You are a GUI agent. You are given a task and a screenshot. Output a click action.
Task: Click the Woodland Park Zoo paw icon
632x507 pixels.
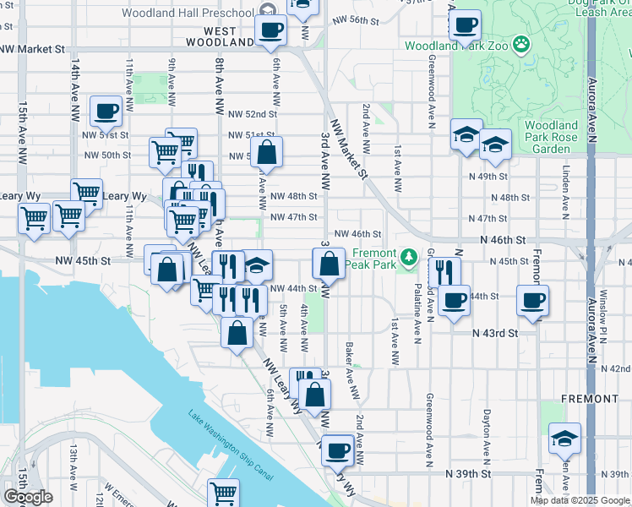(x=522, y=41)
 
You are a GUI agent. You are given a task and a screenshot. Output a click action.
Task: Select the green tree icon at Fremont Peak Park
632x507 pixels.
(x=409, y=254)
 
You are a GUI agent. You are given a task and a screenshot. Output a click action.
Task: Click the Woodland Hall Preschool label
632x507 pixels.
(x=188, y=13)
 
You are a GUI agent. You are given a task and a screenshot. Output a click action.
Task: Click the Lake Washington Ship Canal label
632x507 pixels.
(x=230, y=444)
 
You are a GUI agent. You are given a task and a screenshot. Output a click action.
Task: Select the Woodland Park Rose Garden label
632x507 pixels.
(x=551, y=137)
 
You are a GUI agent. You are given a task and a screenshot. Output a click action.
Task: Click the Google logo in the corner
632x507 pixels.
(x=28, y=497)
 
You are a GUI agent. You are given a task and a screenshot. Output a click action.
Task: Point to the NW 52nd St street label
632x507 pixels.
(x=253, y=113)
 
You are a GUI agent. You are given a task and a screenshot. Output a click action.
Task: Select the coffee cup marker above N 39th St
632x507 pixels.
(x=338, y=450)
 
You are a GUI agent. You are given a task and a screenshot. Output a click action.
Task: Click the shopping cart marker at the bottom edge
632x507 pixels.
(x=223, y=493)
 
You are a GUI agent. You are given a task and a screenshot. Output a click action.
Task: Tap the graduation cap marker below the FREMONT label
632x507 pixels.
(x=564, y=439)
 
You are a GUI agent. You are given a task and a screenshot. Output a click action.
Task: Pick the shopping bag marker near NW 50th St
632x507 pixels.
(x=266, y=154)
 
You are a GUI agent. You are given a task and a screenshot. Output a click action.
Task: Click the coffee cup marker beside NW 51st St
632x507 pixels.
(x=106, y=111)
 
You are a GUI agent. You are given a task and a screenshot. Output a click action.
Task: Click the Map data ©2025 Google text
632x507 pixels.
(x=580, y=500)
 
